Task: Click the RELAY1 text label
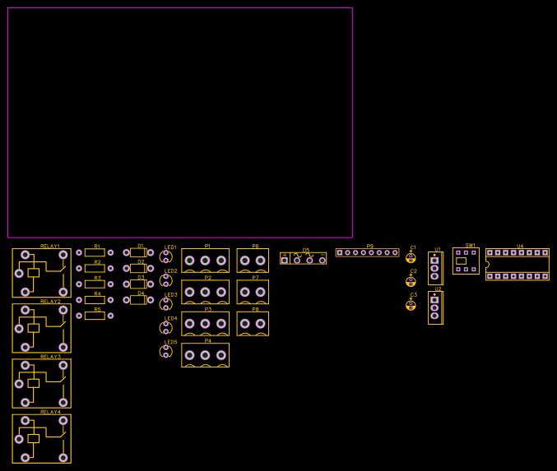pyautogui.click(x=50, y=247)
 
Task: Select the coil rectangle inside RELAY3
pyautogui.click(x=34, y=383)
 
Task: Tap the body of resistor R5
pyautogui.click(x=95, y=316)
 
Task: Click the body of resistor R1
pyautogui.click(x=95, y=253)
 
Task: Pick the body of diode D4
pyautogui.click(x=138, y=300)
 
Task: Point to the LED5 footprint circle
pyautogui.click(x=165, y=352)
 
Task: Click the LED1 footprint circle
pyautogui.click(x=165, y=256)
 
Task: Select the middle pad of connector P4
pyautogui.click(x=205, y=355)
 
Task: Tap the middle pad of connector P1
pyautogui.click(x=205, y=261)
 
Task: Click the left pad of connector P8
pyautogui.click(x=244, y=324)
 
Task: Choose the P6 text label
pyautogui.click(x=255, y=247)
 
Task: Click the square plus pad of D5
pyautogui.click(x=285, y=261)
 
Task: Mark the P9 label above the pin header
pyautogui.click(x=370, y=247)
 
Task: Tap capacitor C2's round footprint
pyautogui.click(x=411, y=281)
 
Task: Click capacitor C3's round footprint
pyautogui.click(x=411, y=305)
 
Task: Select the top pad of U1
pyautogui.click(x=434, y=261)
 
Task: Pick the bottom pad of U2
pyautogui.click(x=434, y=316)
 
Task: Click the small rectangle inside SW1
pyautogui.click(x=461, y=261)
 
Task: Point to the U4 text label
pyautogui.click(x=520, y=247)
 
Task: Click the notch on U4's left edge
pyautogui.click(x=487, y=265)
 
